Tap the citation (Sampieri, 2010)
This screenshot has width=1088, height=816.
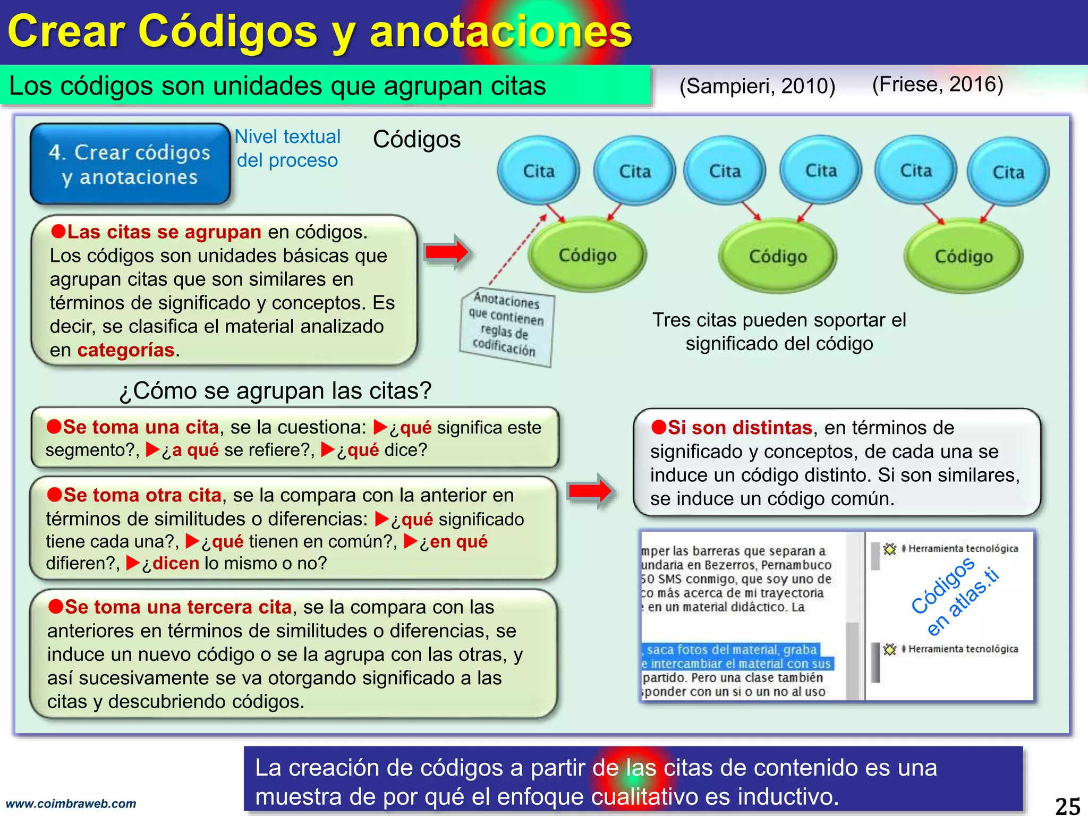pyautogui.click(x=757, y=86)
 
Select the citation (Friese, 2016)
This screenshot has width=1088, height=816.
pyautogui.click(x=938, y=84)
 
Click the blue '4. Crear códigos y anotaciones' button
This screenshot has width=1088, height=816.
pyautogui.click(x=130, y=164)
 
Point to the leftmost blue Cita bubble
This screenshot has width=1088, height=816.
pyautogui.click(x=538, y=171)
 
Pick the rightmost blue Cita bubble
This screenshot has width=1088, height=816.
pyautogui.click(x=1008, y=172)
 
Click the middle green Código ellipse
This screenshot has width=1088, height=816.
pyautogui.click(x=777, y=256)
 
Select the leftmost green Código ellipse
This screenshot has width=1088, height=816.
pyautogui.click(x=587, y=255)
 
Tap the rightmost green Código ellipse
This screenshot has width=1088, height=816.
pyautogui.click(x=963, y=256)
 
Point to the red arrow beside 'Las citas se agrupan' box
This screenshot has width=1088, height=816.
pyautogui.click(x=447, y=252)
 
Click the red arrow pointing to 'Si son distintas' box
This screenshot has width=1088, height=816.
pyautogui.click(x=590, y=491)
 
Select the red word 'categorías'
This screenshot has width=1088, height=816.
pyautogui.click(x=126, y=350)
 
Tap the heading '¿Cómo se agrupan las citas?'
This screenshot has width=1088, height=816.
pyautogui.click(x=275, y=391)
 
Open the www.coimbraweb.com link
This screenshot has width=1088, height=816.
pyautogui.click(x=71, y=804)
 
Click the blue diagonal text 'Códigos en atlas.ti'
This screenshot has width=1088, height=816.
pyautogui.click(x=954, y=595)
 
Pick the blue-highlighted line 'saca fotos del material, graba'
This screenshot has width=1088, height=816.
pyautogui.click(x=731, y=650)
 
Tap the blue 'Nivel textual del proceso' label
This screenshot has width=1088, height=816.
pyautogui.click(x=287, y=148)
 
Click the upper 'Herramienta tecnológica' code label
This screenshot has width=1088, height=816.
pyautogui.click(x=963, y=548)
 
